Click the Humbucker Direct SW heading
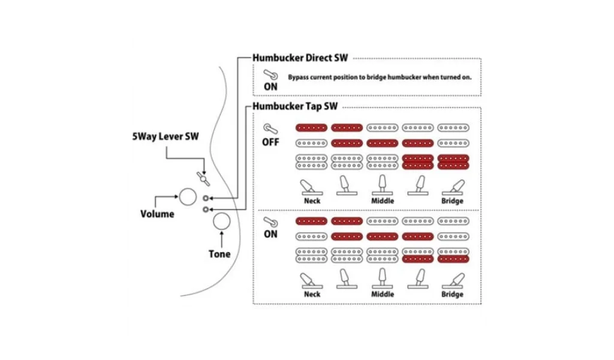point(300,59)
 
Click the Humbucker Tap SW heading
point(295,106)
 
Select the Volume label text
point(157,214)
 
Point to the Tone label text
point(219,254)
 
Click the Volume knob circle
point(188,196)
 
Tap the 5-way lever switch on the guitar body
point(203,178)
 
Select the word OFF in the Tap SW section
point(270,143)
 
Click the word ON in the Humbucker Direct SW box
point(271,86)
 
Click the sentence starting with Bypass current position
point(379,77)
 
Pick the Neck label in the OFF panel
point(312,200)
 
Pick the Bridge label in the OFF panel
point(452,200)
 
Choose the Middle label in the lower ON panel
point(383,294)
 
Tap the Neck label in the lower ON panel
point(312,294)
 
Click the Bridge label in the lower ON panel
point(452,294)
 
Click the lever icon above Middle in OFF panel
point(383,185)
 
